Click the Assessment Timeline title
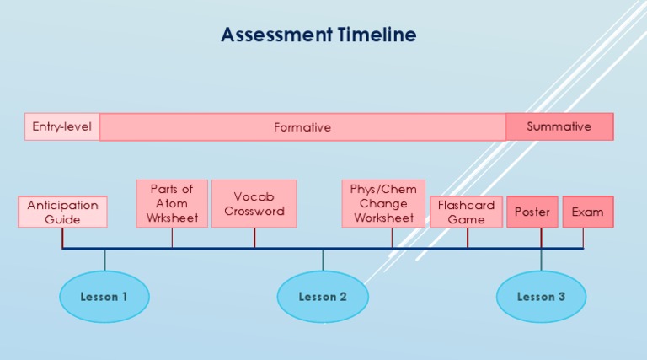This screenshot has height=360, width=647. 318,35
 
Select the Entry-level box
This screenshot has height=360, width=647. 62,126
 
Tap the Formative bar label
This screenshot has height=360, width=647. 302,127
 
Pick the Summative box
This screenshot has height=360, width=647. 559,126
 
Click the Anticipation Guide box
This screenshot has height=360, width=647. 62,212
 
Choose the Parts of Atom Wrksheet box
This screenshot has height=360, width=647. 172,203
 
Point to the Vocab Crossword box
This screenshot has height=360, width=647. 254,203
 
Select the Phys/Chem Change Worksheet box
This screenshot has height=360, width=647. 383,203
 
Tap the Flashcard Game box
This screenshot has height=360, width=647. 466,212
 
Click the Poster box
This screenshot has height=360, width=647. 532,212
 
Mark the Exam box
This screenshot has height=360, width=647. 587,212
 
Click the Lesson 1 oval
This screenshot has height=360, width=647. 104,297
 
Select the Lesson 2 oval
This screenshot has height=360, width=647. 323,297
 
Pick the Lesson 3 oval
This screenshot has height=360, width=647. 541,297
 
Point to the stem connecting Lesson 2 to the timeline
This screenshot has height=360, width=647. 323,260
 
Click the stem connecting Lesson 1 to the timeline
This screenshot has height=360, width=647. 104,260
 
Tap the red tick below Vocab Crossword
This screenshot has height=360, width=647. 254,238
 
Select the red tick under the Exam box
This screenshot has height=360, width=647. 583,238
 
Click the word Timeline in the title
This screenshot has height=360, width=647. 377,35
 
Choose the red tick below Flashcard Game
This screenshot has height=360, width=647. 468,238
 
